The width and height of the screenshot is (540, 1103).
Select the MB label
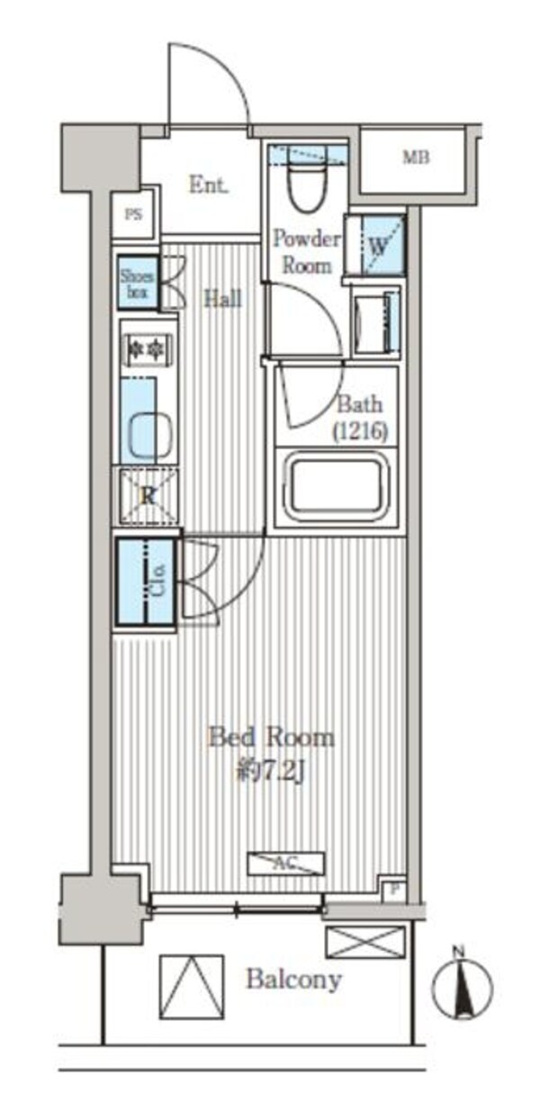[x=416, y=158]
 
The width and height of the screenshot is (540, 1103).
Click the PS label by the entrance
[x=133, y=214]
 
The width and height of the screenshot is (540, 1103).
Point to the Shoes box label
[x=137, y=283]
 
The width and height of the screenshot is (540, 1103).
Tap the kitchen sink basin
[x=150, y=435]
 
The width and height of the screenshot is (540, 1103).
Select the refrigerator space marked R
[x=148, y=495]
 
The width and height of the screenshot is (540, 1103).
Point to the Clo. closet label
[x=159, y=579]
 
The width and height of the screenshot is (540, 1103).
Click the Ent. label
[x=209, y=185]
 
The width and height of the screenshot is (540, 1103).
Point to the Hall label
[x=223, y=299]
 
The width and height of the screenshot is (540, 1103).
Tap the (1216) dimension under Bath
[x=360, y=432]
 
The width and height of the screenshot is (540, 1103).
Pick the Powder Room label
[x=307, y=252]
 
